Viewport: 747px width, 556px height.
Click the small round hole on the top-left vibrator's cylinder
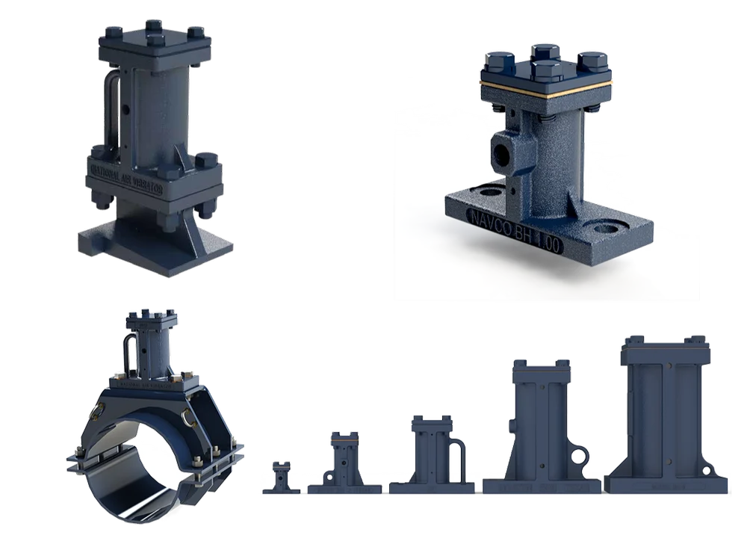(x=126, y=110)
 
